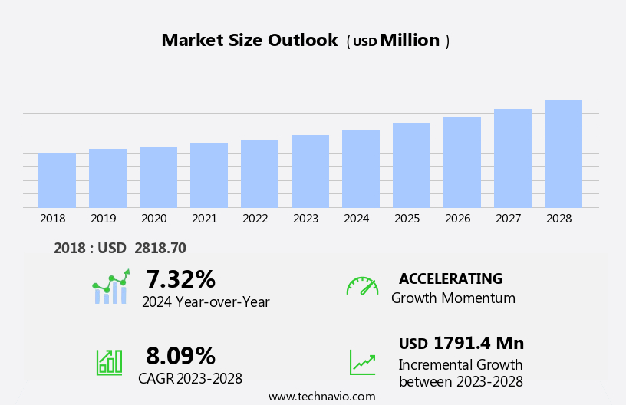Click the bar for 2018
pos(57,180)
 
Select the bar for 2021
pos(209,176)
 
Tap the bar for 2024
pos(361,169)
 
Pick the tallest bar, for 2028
pos(563,153)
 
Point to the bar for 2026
pos(462,162)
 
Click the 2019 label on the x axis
pos(103,219)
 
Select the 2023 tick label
pos(305,219)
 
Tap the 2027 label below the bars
pos(508,219)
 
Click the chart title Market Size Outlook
pos(249,41)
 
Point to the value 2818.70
pos(160,248)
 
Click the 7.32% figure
pos(180,279)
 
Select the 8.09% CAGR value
pos(180,356)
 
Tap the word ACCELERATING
pos(450,278)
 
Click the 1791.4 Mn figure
pos(478,344)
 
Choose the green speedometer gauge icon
pos(362,286)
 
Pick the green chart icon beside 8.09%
pos(109,361)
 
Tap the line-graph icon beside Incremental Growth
pos(362,362)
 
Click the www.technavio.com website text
pos(321,397)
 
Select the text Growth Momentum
pos(453,298)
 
